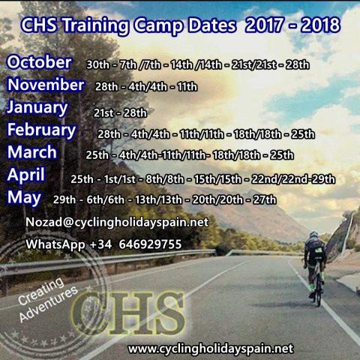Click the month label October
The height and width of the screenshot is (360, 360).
tap(39, 62)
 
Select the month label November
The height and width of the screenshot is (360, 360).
tap(46, 85)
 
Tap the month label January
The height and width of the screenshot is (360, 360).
tap(37, 108)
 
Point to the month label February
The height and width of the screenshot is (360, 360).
tap(41, 130)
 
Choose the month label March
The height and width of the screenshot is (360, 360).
tap(32, 152)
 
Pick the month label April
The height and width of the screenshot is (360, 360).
tap(26, 175)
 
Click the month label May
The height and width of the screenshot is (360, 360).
tap(24, 198)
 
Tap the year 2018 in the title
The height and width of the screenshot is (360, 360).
tap(321, 25)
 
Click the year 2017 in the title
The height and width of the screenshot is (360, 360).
tap(265, 25)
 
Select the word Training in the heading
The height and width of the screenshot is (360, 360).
tap(96, 26)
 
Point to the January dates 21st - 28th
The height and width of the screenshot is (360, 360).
tap(120, 113)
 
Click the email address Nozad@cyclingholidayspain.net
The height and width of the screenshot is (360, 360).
tap(117, 222)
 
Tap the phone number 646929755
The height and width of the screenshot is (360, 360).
tap(150, 244)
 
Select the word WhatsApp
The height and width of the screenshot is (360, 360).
tap(55, 244)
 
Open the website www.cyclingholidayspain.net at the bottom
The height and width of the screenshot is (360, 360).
tap(211, 349)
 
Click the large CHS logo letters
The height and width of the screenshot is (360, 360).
tap(129, 313)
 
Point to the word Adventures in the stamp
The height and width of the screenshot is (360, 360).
tap(49, 303)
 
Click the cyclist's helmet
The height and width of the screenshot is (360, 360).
tap(313, 235)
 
